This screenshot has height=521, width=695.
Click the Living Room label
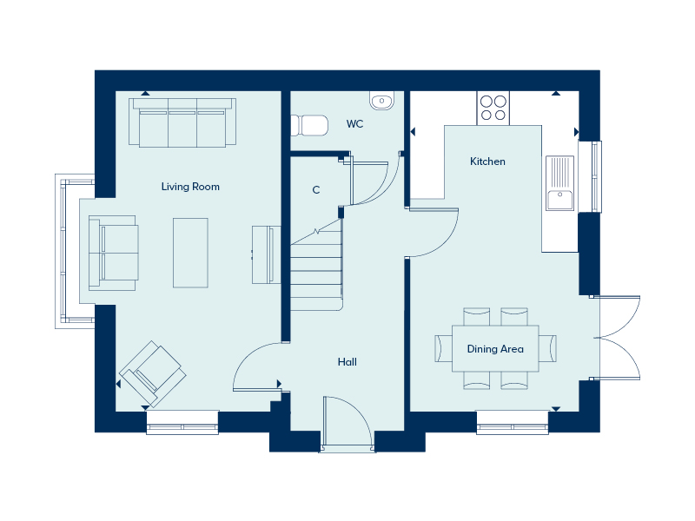tap(190, 187)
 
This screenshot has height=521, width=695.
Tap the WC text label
tap(354, 124)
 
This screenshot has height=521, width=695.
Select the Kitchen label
tap(487, 162)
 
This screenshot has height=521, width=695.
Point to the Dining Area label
tap(495, 349)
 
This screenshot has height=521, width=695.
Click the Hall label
tap(347, 362)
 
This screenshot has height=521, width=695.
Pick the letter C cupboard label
tap(316, 189)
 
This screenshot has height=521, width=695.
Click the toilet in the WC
tap(310, 126)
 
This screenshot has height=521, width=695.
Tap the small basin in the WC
tap(381, 102)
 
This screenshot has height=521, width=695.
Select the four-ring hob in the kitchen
tap(493, 109)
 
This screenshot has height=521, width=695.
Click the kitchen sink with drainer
tap(560, 183)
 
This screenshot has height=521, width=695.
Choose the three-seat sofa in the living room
tap(182, 122)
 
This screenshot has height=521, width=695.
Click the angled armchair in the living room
tap(153, 373)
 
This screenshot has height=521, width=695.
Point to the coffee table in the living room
tap(191, 252)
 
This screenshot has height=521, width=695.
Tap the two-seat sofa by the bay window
tap(113, 253)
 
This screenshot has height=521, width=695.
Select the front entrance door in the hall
tap(347, 425)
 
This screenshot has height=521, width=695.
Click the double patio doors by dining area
tap(619, 338)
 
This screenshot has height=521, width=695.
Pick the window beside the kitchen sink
tap(596, 176)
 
